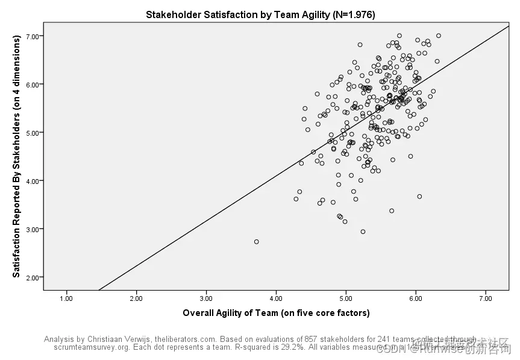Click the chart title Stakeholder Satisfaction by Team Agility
click(x=260, y=14)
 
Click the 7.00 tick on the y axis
click(x=33, y=36)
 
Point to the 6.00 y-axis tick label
click(x=33, y=84)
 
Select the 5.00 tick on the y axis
click(x=33, y=133)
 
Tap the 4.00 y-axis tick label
click(x=33, y=181)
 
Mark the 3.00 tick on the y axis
click(x=33, y=229)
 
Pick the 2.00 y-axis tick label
click(x=33, y=277)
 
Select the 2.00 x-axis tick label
click(x=136, y=298)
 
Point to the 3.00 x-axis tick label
click(x=206, y=298)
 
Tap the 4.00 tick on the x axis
click(x=276, y=298)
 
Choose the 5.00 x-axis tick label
click(x=346, y=298)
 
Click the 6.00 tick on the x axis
click(x=416, y=298)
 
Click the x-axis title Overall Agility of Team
click(x=276, y=313)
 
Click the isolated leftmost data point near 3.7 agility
click(x=256, y=241)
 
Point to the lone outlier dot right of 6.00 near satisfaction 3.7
click(x=419, y=196)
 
